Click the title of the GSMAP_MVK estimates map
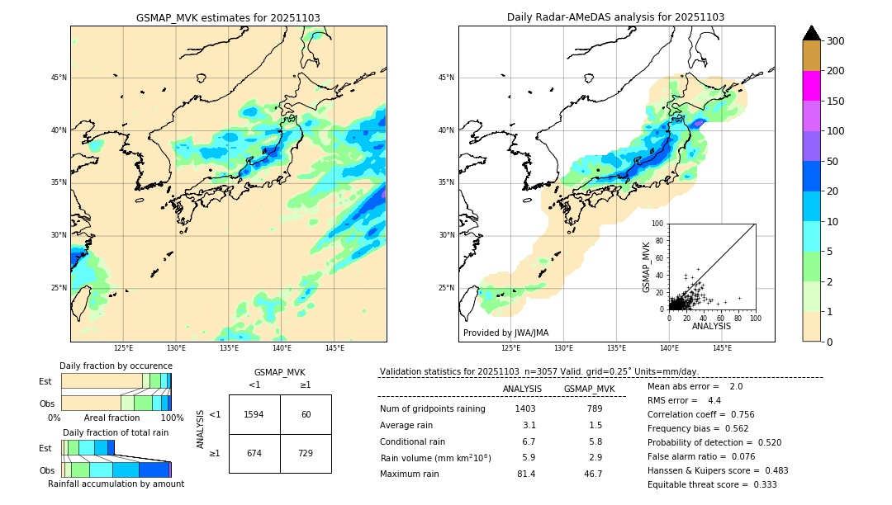pos(228,17)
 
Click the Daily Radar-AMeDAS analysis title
pos(615,17)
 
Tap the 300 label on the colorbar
pos(836,41)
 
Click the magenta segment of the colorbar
pos(811,86)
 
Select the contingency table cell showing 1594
pos(254,414)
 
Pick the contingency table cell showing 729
pos(306,454)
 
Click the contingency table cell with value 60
pos(306,414)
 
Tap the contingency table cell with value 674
pos(254,454)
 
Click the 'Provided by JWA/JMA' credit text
pos(505,333)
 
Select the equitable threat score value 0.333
pos(759,484)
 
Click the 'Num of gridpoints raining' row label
pos(433,408)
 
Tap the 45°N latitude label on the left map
pos(58,78)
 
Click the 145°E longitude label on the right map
pos(722,349)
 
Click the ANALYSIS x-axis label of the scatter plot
pos(711,326)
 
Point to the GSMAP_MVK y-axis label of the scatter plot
pos(647,266)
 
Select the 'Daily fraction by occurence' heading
pos(116,366)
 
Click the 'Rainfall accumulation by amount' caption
pos(116,484)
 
